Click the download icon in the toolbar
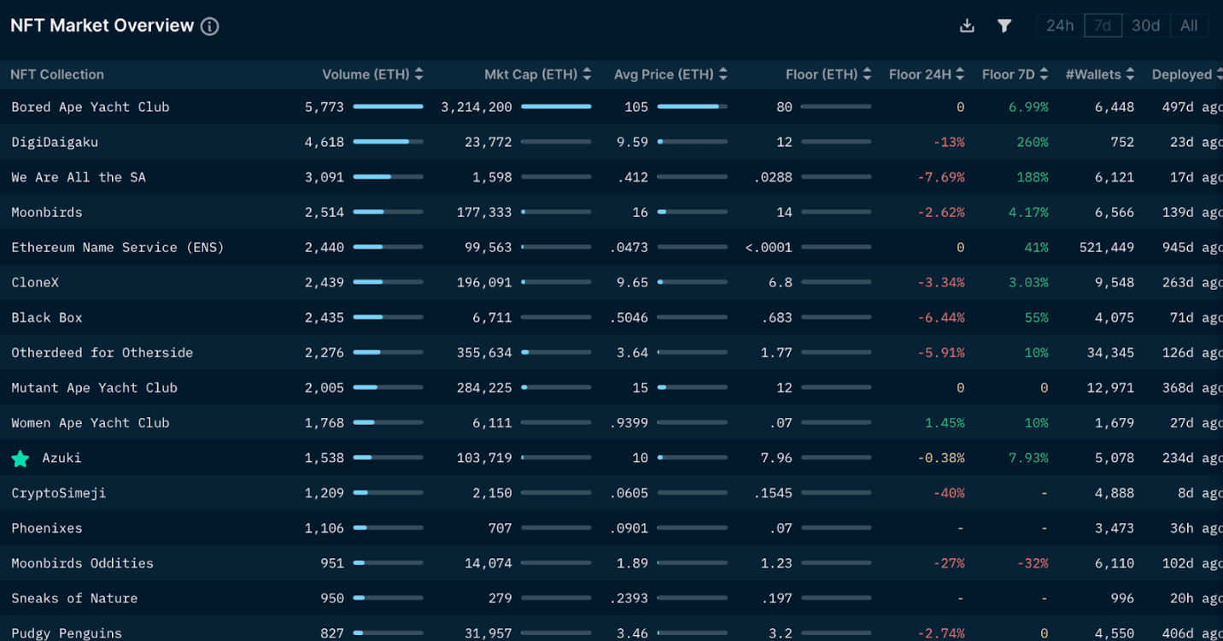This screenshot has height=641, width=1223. [967, 26]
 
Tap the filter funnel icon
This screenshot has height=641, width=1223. [1004, 26]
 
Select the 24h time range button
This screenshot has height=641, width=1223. [1060, 26]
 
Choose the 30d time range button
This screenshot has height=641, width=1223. [1145, 26]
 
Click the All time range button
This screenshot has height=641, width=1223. [1188, 26]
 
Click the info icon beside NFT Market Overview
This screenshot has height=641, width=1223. [209, 26]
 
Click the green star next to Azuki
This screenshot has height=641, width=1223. [20, 459]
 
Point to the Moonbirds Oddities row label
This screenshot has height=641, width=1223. [82, 563]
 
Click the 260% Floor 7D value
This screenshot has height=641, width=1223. [1032, 142]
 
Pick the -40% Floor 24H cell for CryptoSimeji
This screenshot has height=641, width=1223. [949, 493]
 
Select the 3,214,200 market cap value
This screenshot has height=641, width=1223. [477, 107]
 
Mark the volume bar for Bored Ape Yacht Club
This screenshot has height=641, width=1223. [388, 107]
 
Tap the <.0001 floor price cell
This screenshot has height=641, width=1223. [769, 247]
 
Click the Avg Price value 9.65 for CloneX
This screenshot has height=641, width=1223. [632, 282]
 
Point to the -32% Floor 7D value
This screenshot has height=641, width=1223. [1032, 563]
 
